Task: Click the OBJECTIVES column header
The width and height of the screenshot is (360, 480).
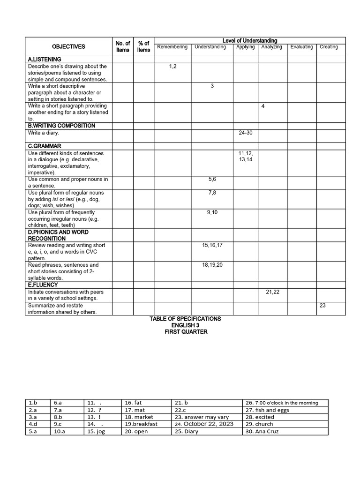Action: [68, 46]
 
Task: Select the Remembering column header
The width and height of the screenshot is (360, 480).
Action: [172, 47]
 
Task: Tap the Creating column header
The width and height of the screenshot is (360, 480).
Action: [329, 47]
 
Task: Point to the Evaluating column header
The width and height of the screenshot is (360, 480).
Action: [301, 47]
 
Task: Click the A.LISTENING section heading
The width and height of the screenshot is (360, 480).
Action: [45, 60]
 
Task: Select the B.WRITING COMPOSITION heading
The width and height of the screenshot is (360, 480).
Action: [61, 126]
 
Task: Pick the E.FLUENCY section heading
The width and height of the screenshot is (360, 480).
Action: [43, 285]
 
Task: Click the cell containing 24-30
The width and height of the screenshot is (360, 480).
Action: [246, 133]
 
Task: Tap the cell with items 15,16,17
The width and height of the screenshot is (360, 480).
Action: [212, 245]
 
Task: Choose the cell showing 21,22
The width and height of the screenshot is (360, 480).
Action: [272, 292]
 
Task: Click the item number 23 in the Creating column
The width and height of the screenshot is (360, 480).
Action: [322, 305]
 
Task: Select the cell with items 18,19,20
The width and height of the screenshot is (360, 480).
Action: [212, 265]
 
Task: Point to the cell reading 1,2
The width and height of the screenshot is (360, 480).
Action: [173, 67]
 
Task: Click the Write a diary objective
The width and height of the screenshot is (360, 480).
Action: [44, 133]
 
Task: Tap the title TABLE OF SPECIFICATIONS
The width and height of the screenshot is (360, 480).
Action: [185, 319]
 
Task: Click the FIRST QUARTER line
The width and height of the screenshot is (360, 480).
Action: [186, 332]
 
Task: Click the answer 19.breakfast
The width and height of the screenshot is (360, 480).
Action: [141, 424]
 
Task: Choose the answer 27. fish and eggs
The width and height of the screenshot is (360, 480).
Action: [267, 410]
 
